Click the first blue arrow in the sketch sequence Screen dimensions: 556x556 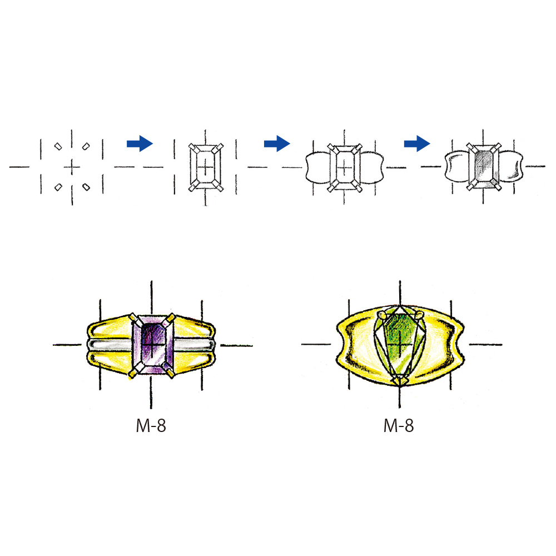click(140, 143)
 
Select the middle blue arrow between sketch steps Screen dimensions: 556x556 click(277, 143)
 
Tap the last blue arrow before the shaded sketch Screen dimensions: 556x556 click(417, 143)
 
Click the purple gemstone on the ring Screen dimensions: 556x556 click(153, 344)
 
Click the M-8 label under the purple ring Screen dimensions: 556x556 click(151, 425)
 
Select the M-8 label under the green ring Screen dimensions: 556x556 click(398, 425)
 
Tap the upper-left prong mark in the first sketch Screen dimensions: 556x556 click(58, 146)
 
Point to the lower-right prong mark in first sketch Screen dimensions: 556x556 click(86, 187)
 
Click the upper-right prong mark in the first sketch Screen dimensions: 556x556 click(86, 146)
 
